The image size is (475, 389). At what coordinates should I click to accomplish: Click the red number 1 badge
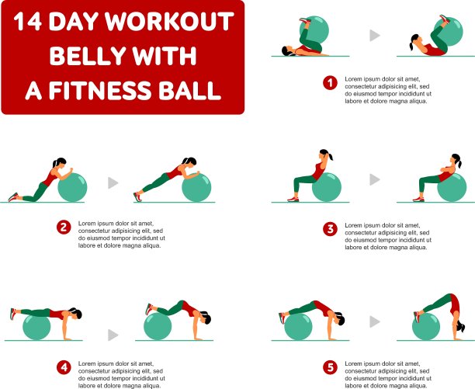[330, 83]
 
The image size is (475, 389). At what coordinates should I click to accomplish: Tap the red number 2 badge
[64, 227]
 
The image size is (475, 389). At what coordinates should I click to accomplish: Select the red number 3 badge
[330, 229]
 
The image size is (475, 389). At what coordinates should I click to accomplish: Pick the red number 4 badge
[64, 367]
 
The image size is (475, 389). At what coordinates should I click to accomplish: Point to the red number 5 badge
[330, 367]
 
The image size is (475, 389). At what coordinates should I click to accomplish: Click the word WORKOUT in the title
[169, 22]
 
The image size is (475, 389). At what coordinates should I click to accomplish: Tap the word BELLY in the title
[87, 56]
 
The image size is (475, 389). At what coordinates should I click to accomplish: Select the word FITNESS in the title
[99, 90]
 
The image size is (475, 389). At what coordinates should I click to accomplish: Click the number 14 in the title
[28, 22]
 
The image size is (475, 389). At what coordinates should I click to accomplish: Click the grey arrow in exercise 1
[374, 36]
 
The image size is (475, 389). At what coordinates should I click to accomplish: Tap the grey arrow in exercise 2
[113, 182]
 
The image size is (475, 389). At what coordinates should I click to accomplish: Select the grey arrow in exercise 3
[374, 179]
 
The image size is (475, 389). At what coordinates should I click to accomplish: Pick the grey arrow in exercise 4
[113, 335]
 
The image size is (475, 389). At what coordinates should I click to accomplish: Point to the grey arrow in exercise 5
[374, 321]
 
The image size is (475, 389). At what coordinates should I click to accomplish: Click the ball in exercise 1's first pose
[314, 30]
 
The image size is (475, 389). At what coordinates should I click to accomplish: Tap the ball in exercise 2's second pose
[196, 187]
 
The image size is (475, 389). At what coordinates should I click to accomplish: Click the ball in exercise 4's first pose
[36, 327]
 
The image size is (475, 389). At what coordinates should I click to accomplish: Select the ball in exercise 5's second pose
[426, 326]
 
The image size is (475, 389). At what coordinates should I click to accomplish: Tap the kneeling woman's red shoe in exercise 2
[13, 197]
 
